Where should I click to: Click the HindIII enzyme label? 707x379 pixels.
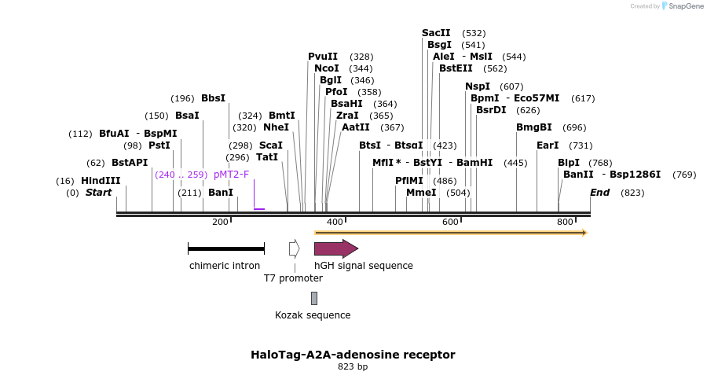(x=101, y=181)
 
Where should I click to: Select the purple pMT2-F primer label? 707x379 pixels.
(x=231, y=175)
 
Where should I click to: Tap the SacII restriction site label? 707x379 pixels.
(x=436, y=33)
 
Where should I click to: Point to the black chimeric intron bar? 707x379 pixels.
(x=226, y=249)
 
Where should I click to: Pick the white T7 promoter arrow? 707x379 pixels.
(x=294, y=249)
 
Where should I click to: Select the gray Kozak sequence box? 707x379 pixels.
(x=314, y=298)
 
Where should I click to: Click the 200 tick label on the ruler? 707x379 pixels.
(x=220, y=222)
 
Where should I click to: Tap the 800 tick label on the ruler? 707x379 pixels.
(x=566, y=222)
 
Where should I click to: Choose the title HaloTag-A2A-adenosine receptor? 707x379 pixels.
(x=353, y=355)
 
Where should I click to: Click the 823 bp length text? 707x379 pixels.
(x=353, y=366)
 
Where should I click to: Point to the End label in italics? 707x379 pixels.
(x=599, y=193)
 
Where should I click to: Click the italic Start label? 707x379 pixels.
(x=98, y=193)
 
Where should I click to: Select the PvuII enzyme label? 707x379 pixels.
(x=323, y=57)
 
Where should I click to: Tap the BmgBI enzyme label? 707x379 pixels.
(x=534, y=127)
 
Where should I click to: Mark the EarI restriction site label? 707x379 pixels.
(x=548, y=145)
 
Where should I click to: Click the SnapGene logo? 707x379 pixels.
(x=682, y=6)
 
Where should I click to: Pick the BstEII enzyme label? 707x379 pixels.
(x=456, y=68)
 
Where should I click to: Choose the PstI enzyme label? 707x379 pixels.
(x=159, y=145)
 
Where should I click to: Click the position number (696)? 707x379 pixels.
(x=574, y=127)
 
